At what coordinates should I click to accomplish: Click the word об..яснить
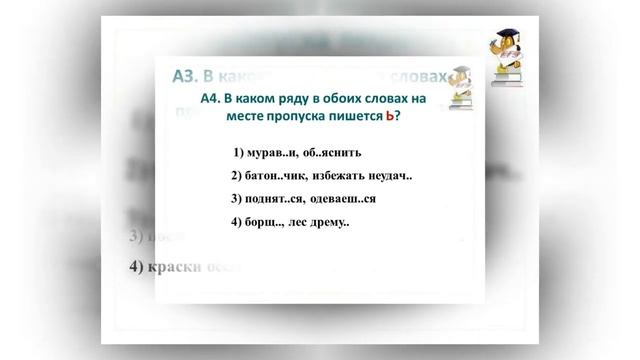[341, 154]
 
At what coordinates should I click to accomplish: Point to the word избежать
[348, 177]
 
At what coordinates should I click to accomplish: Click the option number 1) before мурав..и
[238, 154]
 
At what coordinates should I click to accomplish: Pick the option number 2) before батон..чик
[238, 177]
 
